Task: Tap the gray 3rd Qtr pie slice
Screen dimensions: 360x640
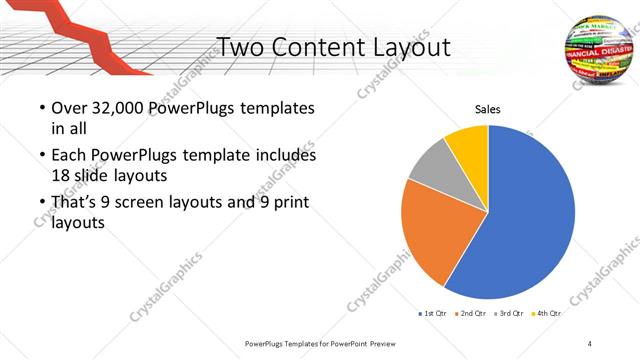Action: click(x=430, y=164)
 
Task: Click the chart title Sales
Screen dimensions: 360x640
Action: click(x=487, y=109)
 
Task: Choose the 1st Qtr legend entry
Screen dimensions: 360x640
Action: click(x=434, y=313)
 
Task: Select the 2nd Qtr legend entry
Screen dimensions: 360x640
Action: click(x=472, y=313)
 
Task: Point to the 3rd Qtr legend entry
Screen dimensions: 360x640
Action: click(x=510, y=313)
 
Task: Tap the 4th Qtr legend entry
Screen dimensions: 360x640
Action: click(x=548, y=313)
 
